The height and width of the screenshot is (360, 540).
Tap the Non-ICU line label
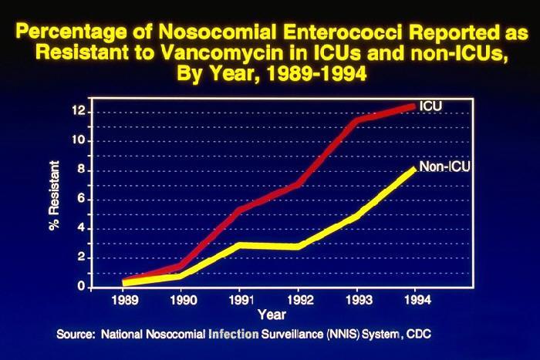click(445, 167)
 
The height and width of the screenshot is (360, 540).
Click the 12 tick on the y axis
click(78, 112)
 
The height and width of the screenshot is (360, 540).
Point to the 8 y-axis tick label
click(81, 170)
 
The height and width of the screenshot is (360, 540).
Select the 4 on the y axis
click(81, 229)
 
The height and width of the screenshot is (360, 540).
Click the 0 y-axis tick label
click(81, 287)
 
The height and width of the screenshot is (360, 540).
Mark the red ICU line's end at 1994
click(415, 106)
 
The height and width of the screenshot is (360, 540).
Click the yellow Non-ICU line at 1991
click(241, 245)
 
